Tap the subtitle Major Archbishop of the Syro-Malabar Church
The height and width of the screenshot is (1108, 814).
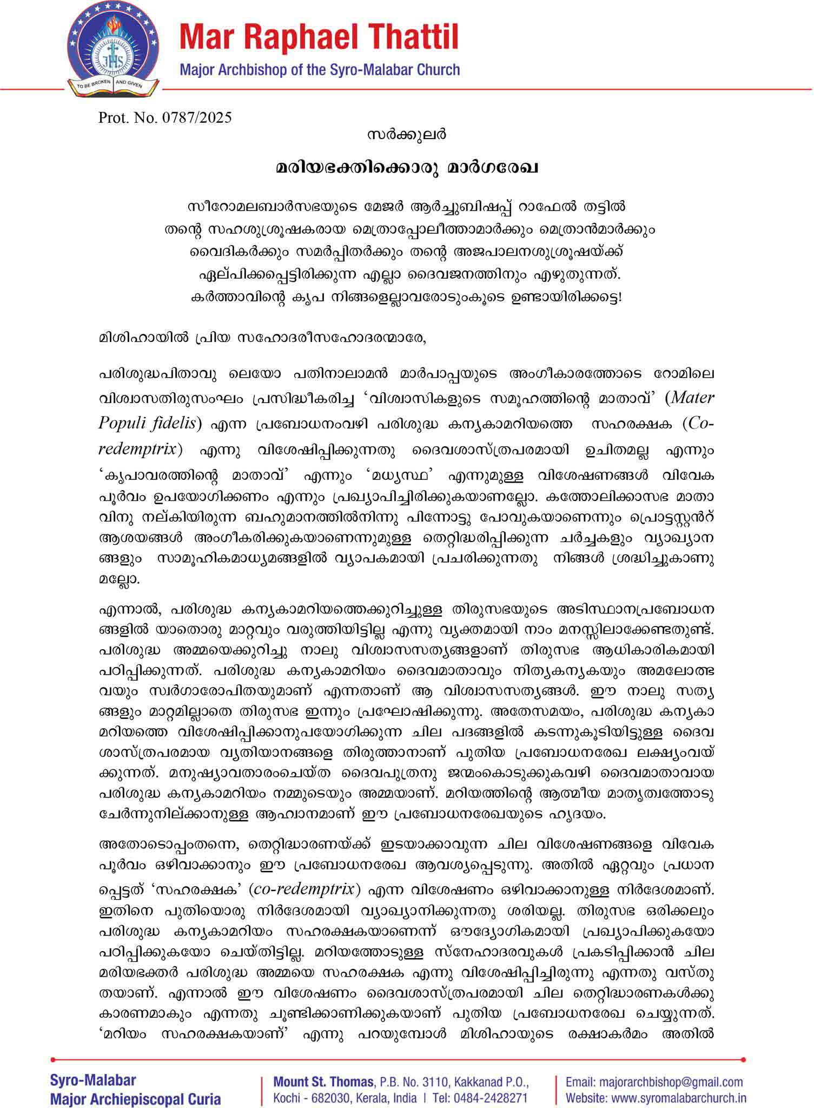click(x=319, y=70)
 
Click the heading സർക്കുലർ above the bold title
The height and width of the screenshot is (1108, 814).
click(x=406, y=134)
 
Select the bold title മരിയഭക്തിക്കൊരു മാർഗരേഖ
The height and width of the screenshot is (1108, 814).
click(x=406, y=168)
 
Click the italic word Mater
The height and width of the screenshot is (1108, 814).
click(x=692, y=398)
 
